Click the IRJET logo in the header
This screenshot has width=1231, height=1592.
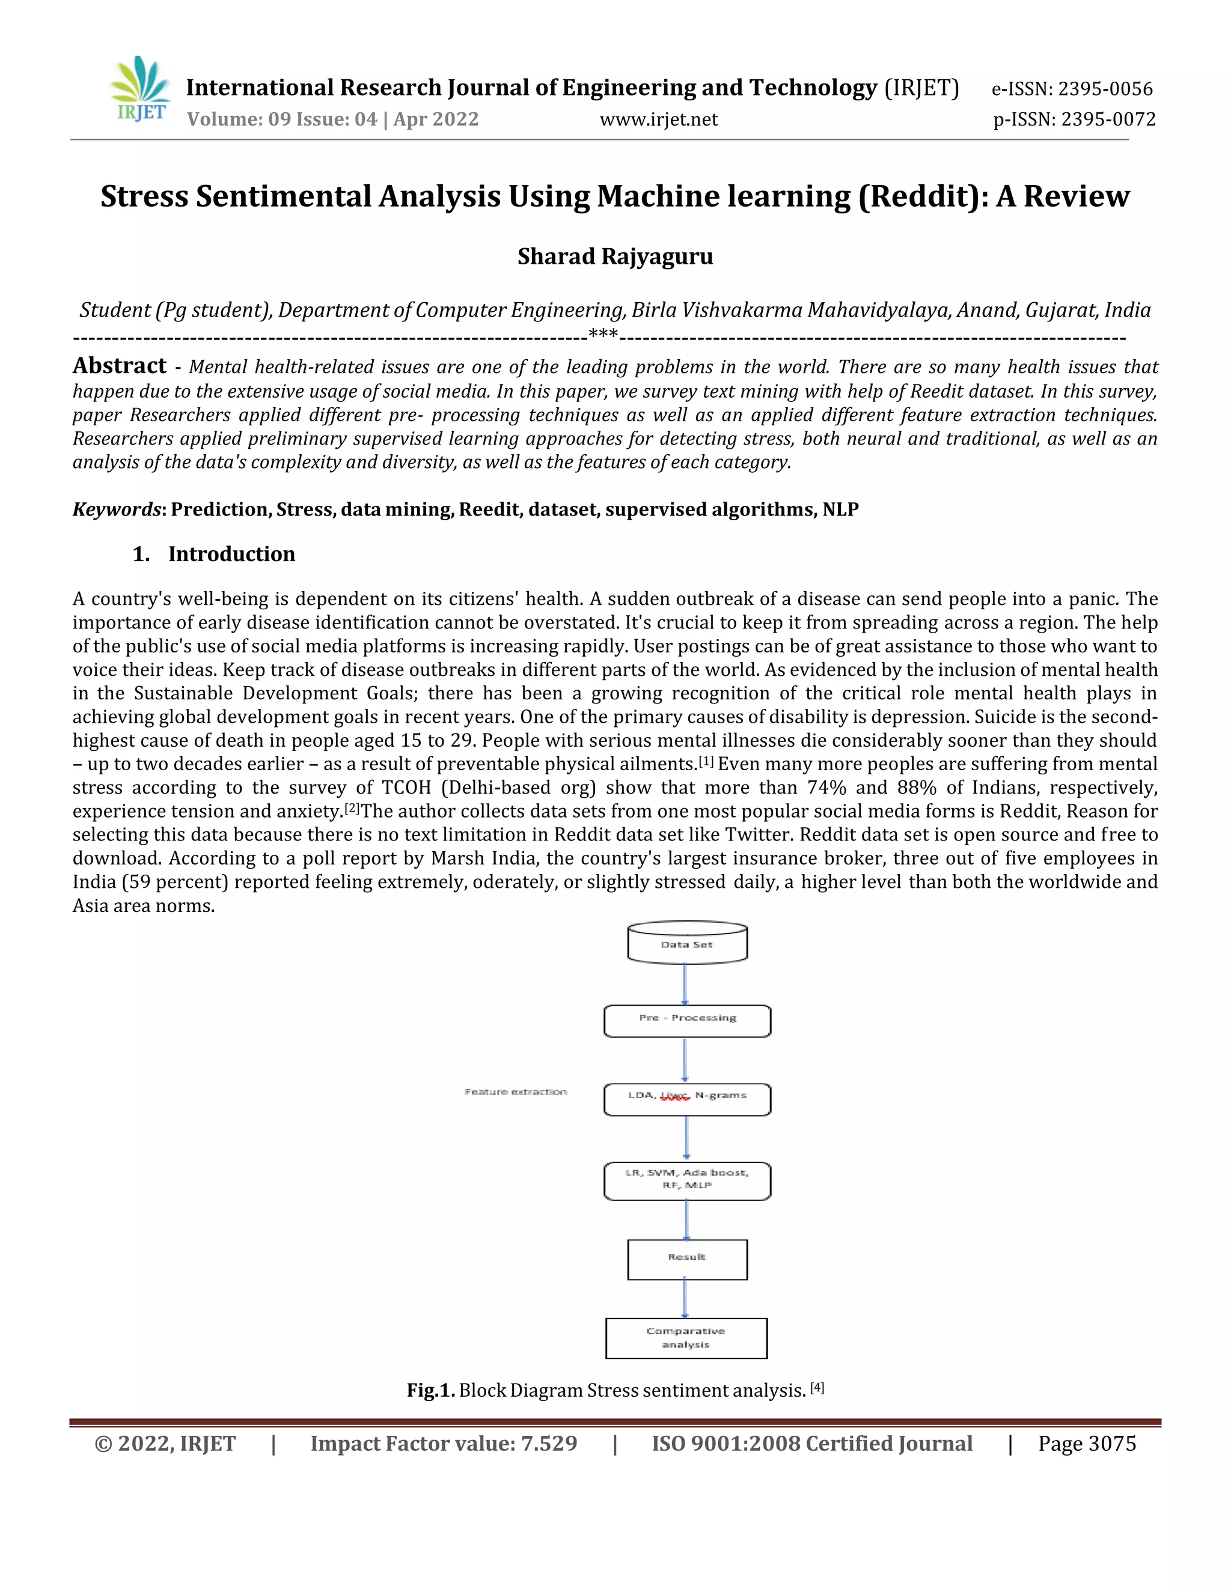point(141,90)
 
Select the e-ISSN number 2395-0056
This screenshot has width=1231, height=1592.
point(1072,89)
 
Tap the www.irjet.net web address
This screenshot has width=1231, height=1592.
point(659,120)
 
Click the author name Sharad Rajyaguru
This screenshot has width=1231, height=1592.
point(615,257)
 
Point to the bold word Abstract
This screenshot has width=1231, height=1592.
point(120,365)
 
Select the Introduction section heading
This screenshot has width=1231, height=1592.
point(231,554)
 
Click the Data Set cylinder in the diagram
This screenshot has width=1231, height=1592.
point(687,944)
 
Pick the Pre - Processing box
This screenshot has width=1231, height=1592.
point(687,1021)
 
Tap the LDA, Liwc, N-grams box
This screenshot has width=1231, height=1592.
point(687,1099)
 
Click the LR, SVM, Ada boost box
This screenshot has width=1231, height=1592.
point(687,1181)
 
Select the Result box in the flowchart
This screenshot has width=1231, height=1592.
point(687,1259)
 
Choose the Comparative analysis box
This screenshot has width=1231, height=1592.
point(686,1338)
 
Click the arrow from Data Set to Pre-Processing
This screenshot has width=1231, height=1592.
point(685,984)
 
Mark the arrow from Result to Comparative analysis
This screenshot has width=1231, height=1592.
point(685,1298)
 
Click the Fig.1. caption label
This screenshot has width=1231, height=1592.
point(430,1391)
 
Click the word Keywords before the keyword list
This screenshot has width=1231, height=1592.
point(116,509)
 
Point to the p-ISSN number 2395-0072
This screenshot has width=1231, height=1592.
point(1074,120)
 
